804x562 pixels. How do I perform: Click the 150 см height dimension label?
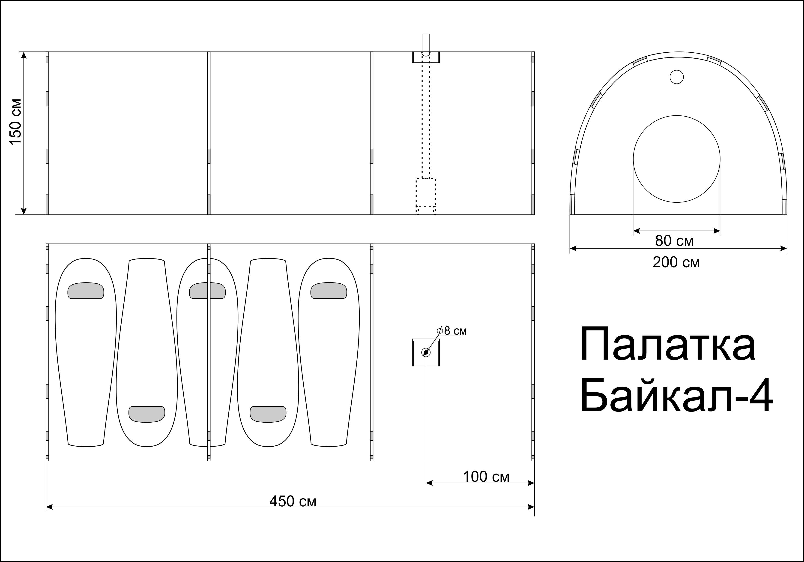[16, 122]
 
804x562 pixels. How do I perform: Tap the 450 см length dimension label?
[293, 501]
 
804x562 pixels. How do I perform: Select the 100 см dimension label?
[486, 477]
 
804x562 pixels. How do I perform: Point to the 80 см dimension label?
[674, 241]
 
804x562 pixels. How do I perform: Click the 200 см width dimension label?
[676, 262]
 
